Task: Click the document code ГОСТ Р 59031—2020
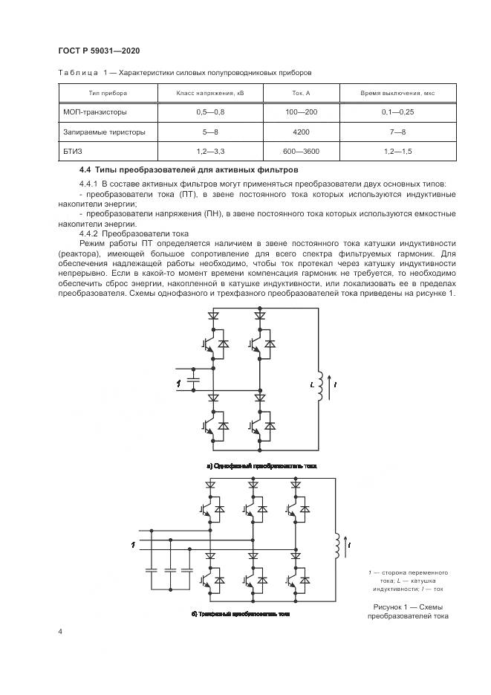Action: [99, 50]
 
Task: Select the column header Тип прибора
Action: [108, 94]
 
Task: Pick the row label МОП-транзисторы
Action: [95, 113]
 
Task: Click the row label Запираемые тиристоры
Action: [105, 132]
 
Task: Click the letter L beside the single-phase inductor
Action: [313, 385]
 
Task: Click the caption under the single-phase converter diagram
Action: [261, 466]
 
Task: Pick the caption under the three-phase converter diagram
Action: [241, 615]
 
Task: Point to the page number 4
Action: [60, 632]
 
